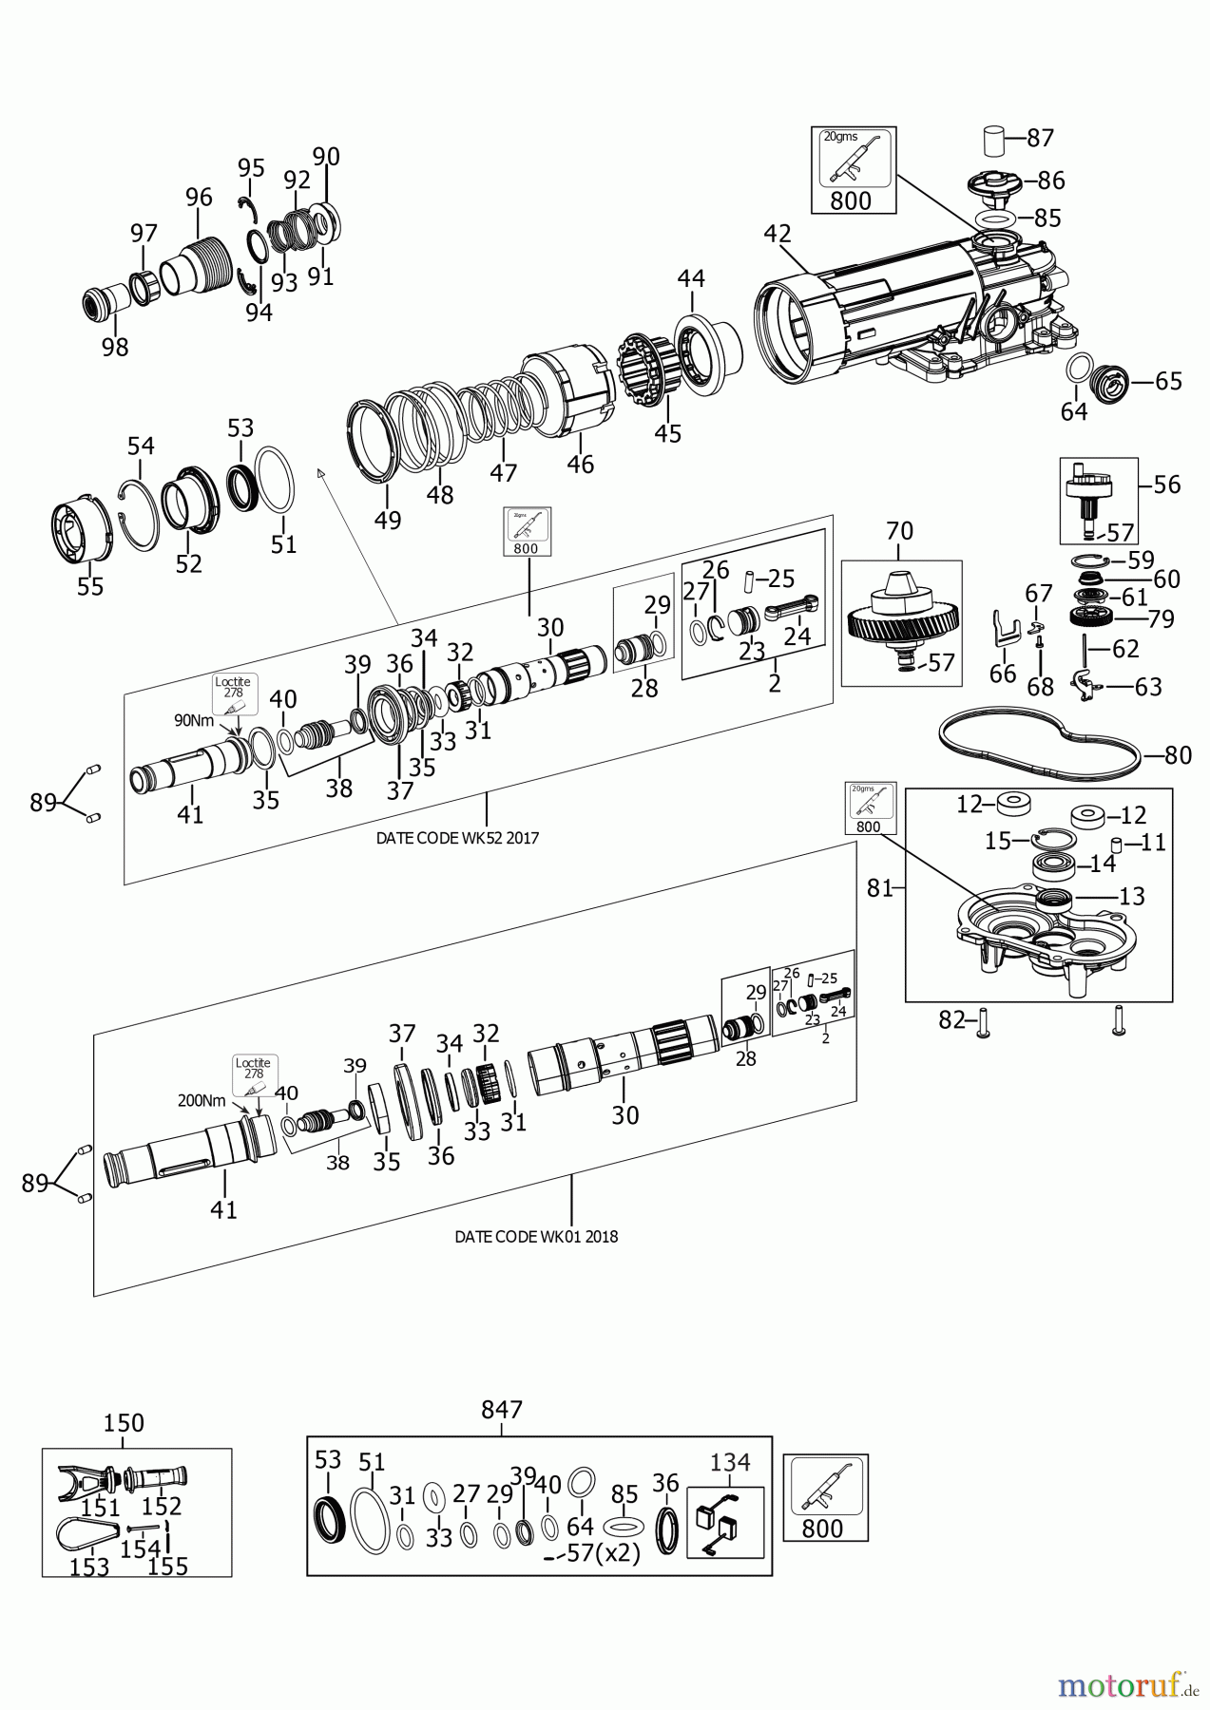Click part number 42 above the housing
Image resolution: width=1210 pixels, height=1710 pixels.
pyautogui.click(x=778, y=234)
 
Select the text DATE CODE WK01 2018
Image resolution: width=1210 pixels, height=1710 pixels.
pyautogui.click(x=536, y=1237)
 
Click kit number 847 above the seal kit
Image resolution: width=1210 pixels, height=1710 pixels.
pyautogui.click(x=502, y=1410)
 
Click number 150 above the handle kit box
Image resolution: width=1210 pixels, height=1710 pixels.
pyautogui.click(x=124, y=1423)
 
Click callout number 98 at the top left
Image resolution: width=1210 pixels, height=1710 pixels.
pyautogui.click(x=115, y=348)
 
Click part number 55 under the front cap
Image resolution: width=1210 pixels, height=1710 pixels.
pyautogui.click(x=90, y=586)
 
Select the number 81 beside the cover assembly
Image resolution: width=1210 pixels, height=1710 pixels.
pyautogui.click(x=879, y=888)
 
